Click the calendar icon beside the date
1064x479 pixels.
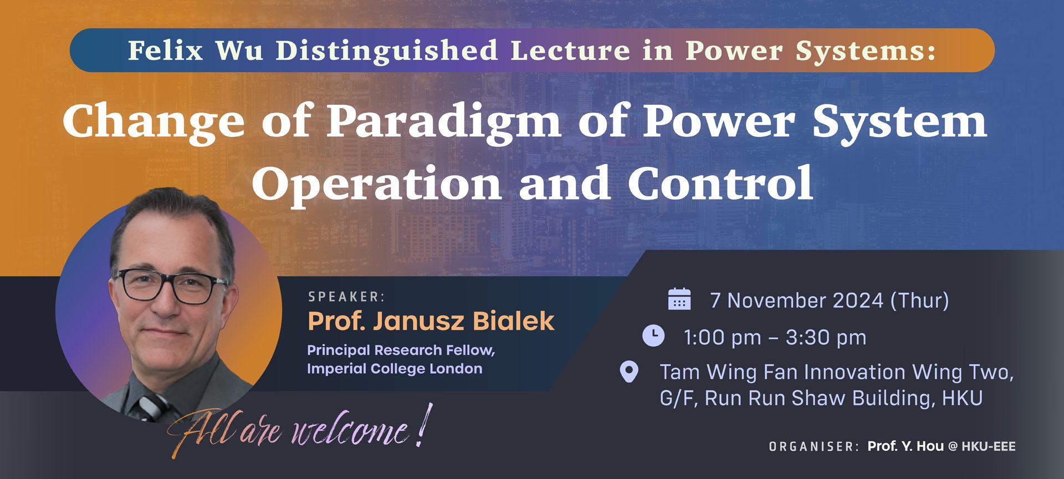pos(679,299)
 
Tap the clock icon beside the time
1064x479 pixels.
pos(653,336)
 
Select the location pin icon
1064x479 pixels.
pos(629,372)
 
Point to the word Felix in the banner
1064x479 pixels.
pos(166,50)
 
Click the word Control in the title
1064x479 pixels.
pos(720,184)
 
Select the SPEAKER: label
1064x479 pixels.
pos(346,297)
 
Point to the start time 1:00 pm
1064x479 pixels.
pos(723,337)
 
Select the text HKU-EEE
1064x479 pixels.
pos(989,447)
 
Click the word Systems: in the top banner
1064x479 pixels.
pos(866,50)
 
